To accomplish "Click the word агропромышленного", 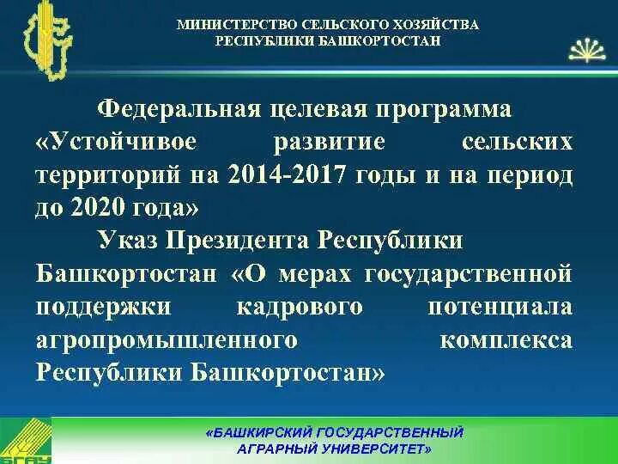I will (167, 340).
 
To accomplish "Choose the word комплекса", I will (506, 340).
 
